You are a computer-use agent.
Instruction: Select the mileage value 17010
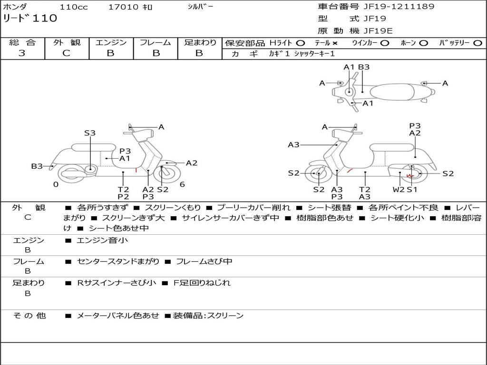(x=123, y=7)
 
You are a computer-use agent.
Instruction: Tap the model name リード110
(x=30, y=19)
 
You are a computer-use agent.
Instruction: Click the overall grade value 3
(x=22, y=53)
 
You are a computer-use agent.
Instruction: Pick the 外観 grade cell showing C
(x=66, y=53)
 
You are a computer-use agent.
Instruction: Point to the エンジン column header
(x=111, y=42)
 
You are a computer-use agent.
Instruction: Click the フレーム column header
(x=155, y=42)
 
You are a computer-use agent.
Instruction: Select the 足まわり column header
(x=200, y=42)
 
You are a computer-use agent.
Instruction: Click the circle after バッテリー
(x=477, y=43)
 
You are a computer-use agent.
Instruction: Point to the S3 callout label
(x=90, y=133)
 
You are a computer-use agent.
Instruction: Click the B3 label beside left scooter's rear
(x=37, y=166)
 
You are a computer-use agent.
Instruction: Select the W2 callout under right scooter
(x=399, y=190)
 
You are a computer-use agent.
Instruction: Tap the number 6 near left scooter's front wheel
(x=182, y=184)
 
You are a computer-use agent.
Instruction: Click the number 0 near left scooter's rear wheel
(x=56, y=184)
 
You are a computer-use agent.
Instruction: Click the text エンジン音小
(x=102, y=240)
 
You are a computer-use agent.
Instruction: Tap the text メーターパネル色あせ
(x=117, y=316)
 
